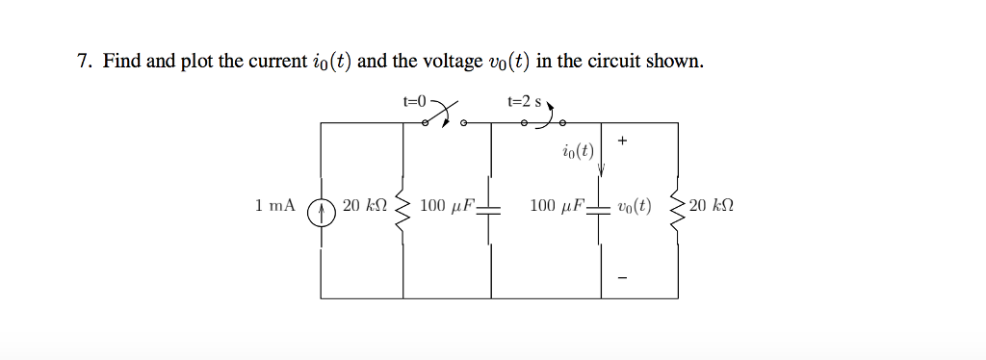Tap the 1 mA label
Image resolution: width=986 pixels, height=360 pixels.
tap(274, 206)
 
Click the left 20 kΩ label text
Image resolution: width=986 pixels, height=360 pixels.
tap(364, 206)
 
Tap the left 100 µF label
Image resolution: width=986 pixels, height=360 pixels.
tap(448, 206)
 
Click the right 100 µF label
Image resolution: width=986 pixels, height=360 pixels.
tap(558, 206)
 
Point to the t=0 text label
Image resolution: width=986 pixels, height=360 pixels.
tap(416, 98)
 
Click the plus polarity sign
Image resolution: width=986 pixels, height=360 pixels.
tap(623, 141)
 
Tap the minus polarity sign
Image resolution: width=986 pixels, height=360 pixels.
tap(623, 279)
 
